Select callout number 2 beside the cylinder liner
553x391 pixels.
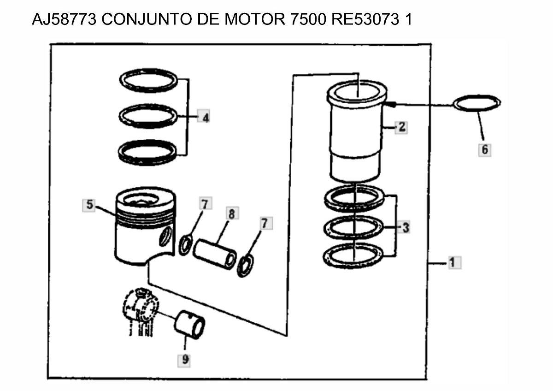point(402,127)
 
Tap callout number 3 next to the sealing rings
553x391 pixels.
point(405,227)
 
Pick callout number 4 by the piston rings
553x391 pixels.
point(205,118)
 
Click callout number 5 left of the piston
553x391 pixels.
point(89,205)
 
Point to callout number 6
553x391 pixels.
point(484,149)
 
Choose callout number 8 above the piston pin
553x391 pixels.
point(231,213)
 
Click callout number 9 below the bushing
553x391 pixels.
point(185,360)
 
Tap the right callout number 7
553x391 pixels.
point(265,224)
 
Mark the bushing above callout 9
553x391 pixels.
point(189,324)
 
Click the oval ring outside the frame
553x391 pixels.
point(477,103)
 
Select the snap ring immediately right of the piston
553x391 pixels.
point(186,244)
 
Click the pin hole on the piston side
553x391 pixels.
point(165,237)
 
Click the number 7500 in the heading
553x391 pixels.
point(306,20)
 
